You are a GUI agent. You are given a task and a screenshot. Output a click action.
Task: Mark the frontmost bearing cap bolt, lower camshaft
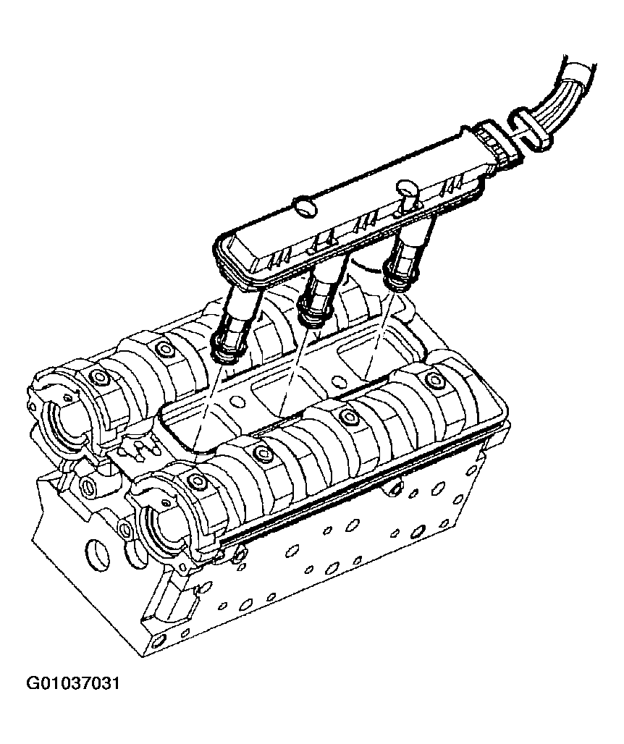pos(196,481)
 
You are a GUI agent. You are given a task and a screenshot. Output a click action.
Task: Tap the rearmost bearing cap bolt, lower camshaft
pos(434,381)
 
